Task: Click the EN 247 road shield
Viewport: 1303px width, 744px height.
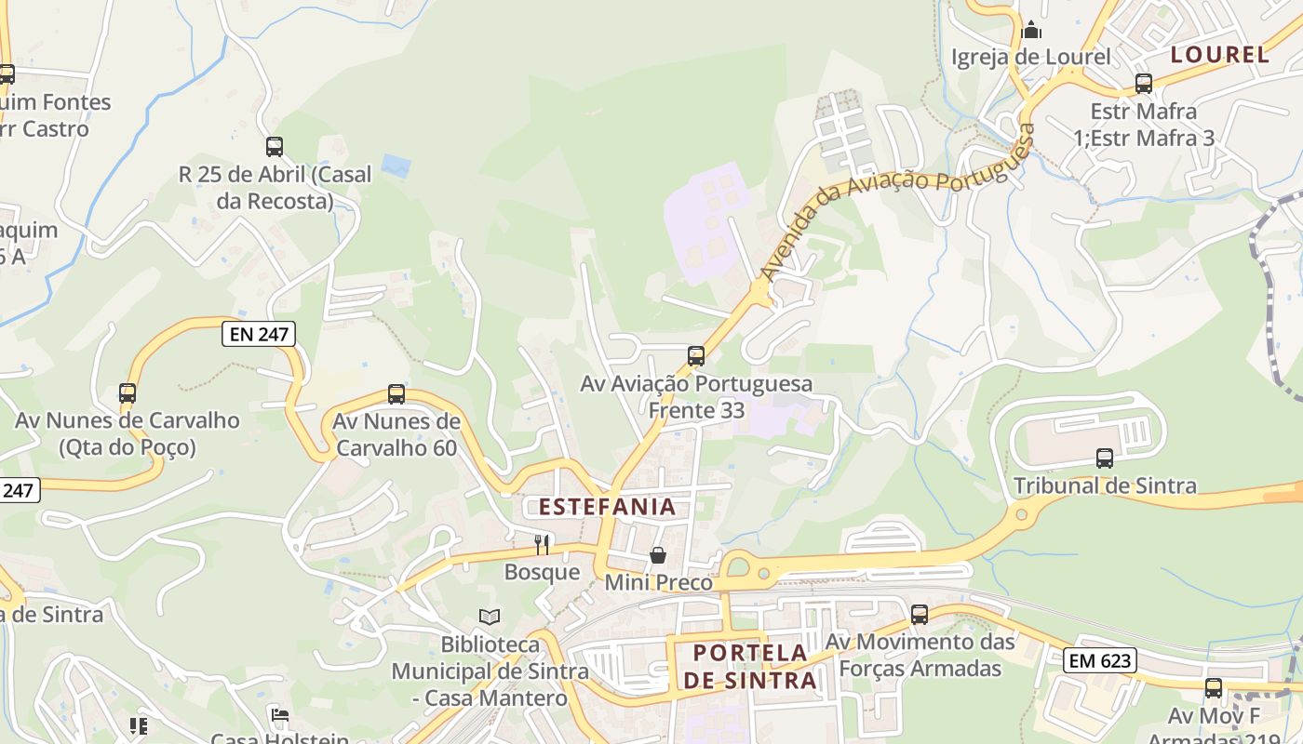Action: (258, 334)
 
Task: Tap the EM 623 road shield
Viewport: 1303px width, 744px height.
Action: (1100, 660)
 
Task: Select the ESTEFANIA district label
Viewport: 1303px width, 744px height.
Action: (607, 507)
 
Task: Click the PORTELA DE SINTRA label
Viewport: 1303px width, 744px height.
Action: (751, 666)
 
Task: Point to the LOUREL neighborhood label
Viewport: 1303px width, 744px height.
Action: (1219, 55)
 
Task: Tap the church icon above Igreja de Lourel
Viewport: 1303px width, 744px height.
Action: (1031, 31)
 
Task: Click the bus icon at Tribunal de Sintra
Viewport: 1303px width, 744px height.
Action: (1105, 458)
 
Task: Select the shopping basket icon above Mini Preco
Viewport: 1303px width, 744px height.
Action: (658, 555)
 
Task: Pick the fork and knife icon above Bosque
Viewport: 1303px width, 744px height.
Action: (542, 544)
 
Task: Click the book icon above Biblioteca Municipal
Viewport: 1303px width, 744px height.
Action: (490, 617)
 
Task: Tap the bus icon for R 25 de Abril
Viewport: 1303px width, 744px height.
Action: (274, 146)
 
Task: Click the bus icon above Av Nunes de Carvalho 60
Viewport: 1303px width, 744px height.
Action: (396, 394)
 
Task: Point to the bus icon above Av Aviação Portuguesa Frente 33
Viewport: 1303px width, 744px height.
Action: (695, 355)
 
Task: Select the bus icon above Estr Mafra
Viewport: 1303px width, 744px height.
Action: (1144, 84)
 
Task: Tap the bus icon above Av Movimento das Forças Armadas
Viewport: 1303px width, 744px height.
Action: (920, 614)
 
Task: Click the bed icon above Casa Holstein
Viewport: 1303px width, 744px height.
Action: (279, 715)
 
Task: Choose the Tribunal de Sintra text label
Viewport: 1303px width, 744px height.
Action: (1105, 485)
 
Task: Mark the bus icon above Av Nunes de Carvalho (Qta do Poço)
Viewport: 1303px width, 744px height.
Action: (128, 393)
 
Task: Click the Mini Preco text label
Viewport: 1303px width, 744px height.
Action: (658, 583)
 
